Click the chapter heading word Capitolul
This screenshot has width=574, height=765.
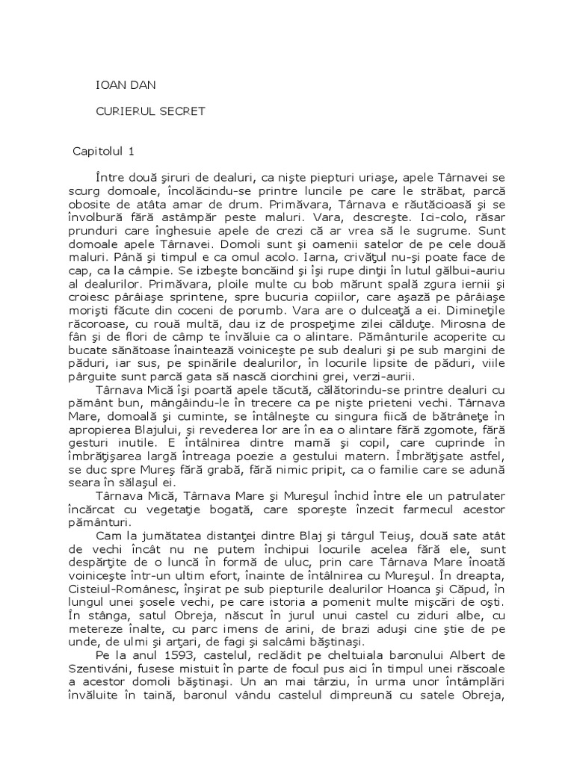(x=97, y=151)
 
